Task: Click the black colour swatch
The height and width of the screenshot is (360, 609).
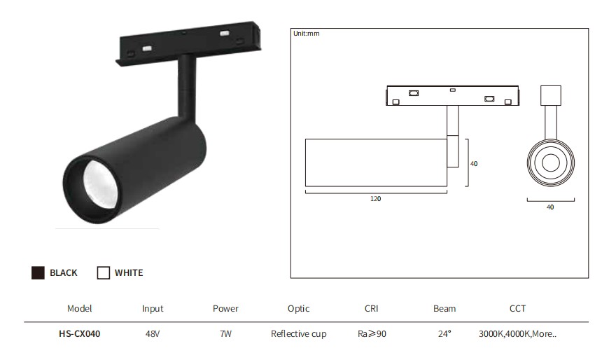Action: (x=38, y=273)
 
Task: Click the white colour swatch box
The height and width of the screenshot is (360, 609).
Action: (x=104, y=273)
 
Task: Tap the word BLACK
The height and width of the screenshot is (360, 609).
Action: (x=63, y=273)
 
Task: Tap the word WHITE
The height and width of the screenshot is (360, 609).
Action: (x=129, y=273)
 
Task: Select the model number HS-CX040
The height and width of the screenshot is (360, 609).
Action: (x=80, y=334)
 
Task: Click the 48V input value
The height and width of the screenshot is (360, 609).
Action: (x=153, y=334)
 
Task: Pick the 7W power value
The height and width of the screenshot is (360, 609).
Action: (x=225, y=334)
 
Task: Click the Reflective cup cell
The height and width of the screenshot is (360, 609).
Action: (x=299, y=334)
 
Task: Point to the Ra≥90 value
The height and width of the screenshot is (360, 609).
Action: (x=372, y=334)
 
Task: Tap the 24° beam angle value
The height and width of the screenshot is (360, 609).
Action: (x=444, y=334)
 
